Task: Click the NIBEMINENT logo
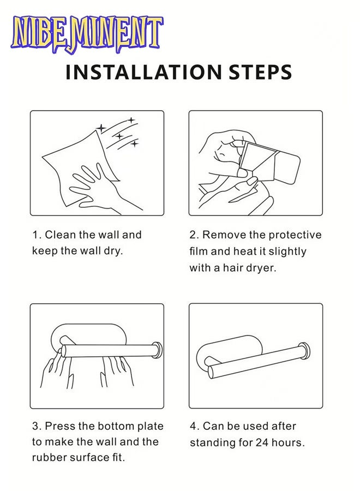(x=87, y=34)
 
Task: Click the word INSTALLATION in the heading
(x=143, y=72)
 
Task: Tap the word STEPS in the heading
(x=260, y=72)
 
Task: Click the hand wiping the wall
(x=103, y=187)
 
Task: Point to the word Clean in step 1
(x=61, y=235)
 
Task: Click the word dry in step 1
(x=113, y=251)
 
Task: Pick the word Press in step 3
(x=60, y=426)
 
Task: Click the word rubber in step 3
(x=49, y=458)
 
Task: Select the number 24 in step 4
(x=262, y=442)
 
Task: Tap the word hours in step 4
(x=288, y=442)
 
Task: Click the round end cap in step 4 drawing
(x=304, y=350)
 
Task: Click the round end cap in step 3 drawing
(x=157, y=350)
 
